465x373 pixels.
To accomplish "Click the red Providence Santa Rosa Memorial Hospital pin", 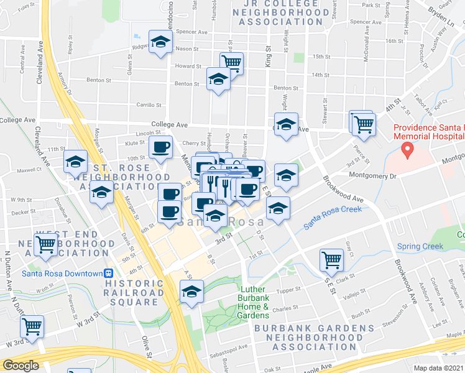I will tap(408, 149).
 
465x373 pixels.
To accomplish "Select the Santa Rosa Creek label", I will tap(333, 219).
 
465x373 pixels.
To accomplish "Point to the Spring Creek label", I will tap(420, 246).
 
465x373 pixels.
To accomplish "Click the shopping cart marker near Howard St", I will tap(231, 62).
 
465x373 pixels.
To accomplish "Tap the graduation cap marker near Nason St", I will tap(161, 42).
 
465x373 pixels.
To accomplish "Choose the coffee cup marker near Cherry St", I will tap(161, 148).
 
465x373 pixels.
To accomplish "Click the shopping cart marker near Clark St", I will tap(331, 259).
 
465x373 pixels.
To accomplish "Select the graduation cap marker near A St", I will tap(191, 291).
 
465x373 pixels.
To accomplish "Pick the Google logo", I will tap(20, 366).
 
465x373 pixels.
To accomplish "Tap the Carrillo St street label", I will tap(149, 106).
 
